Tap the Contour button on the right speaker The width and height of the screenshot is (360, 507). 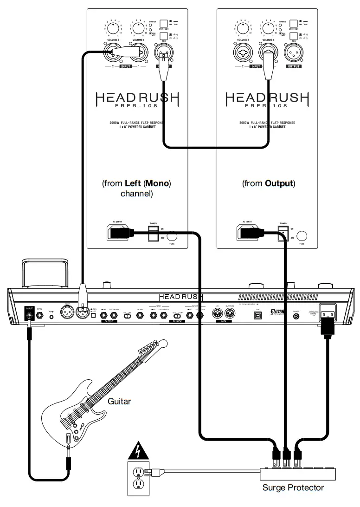294,23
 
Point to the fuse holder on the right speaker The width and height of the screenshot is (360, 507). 303,235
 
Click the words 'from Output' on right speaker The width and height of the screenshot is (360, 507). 268,183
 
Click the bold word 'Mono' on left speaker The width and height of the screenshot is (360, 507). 157,183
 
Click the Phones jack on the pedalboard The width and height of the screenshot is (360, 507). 139,315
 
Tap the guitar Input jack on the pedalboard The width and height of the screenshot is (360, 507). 30,315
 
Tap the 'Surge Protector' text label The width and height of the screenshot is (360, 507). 293,487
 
